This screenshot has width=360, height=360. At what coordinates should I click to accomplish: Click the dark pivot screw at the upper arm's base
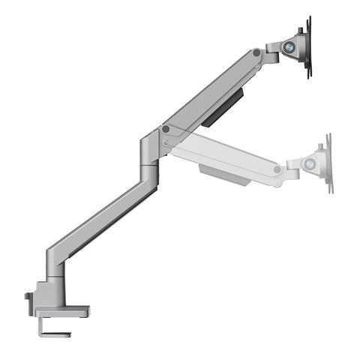pyautogui.click(x=166, y=129)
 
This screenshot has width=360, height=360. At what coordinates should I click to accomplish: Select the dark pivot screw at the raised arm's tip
pyautogui.click(x=256, y=52)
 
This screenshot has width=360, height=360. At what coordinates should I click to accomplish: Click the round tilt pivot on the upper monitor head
pyautogui.click(x=289, y=46)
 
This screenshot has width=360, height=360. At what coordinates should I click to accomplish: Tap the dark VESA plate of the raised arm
pyautogui.click(x=307, y=46)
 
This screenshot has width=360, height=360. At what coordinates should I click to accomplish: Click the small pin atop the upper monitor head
pyautogui.click(x=300, y=31)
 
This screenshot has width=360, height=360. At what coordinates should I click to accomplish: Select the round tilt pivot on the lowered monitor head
pyautogui.click(x=308, y=163)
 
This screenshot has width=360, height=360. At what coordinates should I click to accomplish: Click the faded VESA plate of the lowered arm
pyautogui.click(x=328, y=163)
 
